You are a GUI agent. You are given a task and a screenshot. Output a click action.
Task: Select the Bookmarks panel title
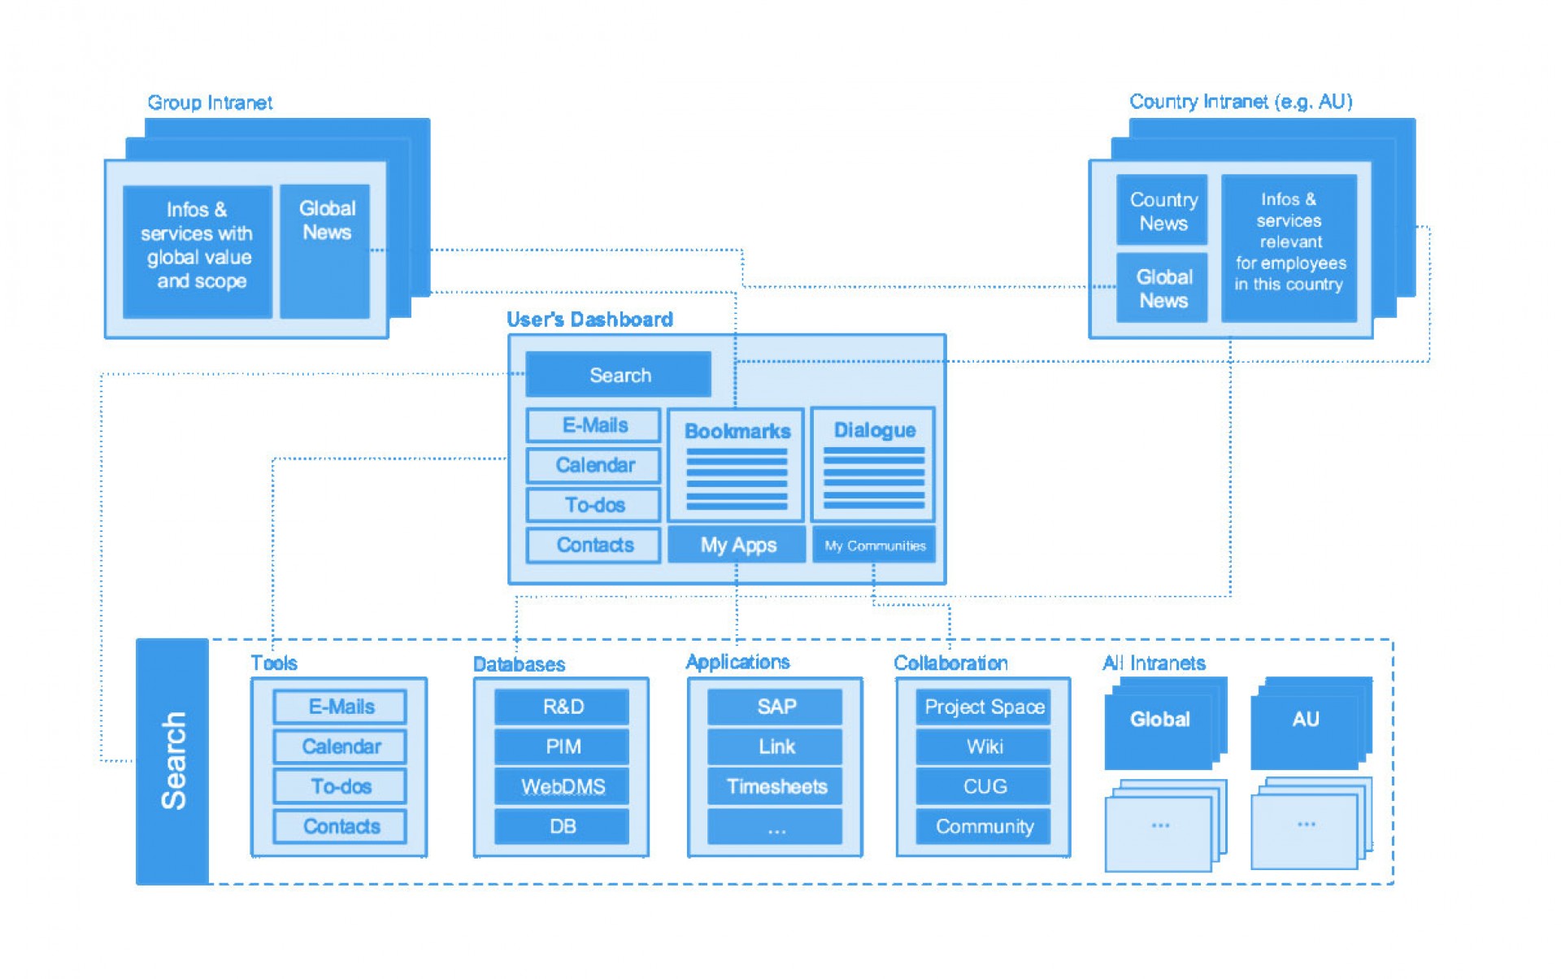[737, 431]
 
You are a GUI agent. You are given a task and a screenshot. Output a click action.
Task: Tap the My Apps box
[737, 545]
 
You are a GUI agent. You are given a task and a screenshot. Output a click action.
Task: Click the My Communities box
[874, 545]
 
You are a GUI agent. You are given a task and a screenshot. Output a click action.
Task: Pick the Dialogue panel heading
[874, 430]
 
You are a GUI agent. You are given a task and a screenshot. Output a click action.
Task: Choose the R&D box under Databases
[562, 707]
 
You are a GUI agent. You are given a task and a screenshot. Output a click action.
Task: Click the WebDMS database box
[562, 786]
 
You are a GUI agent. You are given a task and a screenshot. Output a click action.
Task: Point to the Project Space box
[983, 707]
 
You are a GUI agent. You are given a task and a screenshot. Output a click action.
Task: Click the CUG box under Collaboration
[983, 786]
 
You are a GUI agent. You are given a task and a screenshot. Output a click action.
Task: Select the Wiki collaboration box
[983, 746]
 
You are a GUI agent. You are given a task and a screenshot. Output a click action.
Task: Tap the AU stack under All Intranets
[1311, 722]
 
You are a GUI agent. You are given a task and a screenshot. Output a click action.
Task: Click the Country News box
[1162, 210]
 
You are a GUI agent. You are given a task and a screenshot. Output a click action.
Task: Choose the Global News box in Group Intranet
[325, 251]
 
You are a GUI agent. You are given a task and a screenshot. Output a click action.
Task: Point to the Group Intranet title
[210, 102]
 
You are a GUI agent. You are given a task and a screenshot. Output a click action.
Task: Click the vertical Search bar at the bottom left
[172, 761]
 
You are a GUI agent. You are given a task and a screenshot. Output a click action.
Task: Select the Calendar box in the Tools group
[340, 746]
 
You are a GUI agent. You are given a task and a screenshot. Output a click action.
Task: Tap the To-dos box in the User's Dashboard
[594, 504]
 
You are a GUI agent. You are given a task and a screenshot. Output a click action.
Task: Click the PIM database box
[562, 746]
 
